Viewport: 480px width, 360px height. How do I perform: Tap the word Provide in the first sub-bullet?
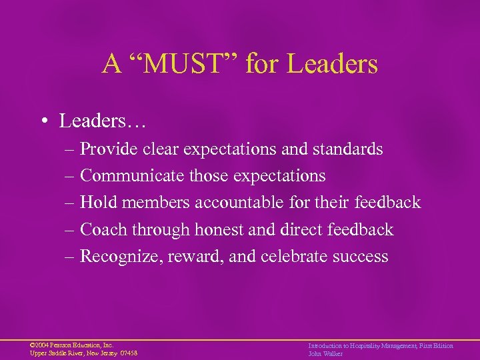click(108, 149)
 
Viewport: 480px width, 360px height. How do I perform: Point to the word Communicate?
click(127, 176)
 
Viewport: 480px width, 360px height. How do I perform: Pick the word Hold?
click(97, 203)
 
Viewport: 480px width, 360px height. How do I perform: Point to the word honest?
click(223, 230)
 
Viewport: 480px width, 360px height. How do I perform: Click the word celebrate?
click(295, 257)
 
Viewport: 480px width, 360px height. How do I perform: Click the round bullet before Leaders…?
click(45, 121)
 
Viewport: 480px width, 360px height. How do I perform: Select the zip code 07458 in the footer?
click(128, 353)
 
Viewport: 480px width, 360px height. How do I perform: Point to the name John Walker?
click(325, 353)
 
